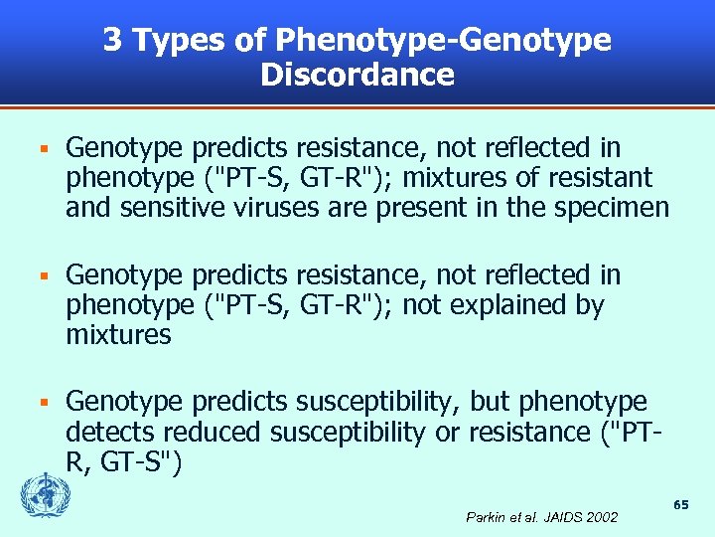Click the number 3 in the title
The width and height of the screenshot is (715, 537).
click(113, 40)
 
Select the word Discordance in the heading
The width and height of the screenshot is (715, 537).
click(357, 75)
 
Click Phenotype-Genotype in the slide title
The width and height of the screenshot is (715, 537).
click(444, 42)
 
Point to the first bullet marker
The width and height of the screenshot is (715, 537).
click(42, 149)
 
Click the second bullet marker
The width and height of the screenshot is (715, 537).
click(42, 275)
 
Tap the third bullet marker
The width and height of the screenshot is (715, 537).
click(42, 403)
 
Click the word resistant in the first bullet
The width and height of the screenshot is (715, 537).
click(597, 178)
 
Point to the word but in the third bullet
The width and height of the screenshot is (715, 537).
click(490, 402)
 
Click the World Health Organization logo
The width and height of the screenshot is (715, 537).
click(41, 493)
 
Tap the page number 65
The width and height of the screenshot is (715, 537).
click(681, 505)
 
